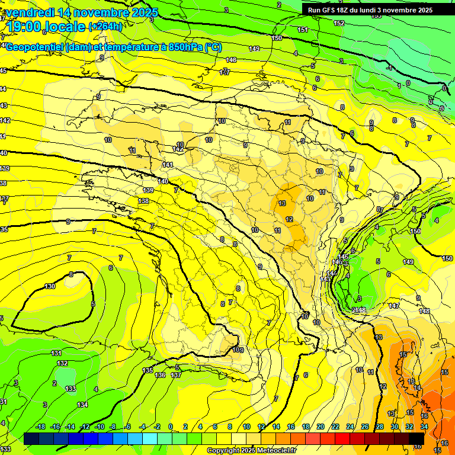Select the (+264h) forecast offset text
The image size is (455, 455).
105,26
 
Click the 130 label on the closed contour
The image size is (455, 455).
50,286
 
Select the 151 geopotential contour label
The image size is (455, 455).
303,30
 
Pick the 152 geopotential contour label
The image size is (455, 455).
339,23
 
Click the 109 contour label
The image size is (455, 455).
238,350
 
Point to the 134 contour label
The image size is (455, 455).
82,405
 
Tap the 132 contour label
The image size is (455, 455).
62,363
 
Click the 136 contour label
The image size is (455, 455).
160,375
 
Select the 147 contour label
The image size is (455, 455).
394,306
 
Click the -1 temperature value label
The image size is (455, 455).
389,68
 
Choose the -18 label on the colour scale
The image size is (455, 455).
41,427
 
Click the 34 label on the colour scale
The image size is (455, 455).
424,427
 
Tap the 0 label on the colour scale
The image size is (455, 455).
171,427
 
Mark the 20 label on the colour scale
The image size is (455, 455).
321,427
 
